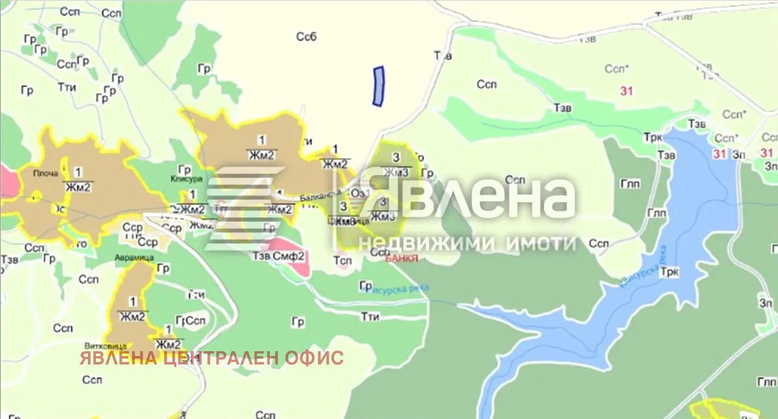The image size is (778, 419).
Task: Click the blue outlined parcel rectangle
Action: pyautogui.click(x=378, y=87)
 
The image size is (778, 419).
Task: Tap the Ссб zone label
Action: pyautogui.click(x=306, y=37)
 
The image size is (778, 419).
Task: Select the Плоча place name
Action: pyautogui.click(x=46, y=174)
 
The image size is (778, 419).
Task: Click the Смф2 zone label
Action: pyautogui.click(x=291, y=256)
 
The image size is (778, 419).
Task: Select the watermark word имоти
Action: pyautogui.click(x=540, y=243)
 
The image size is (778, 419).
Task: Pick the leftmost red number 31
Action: pyautogui.click(x=626, y=91)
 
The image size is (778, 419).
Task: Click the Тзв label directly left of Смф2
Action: pyautogui.click(x=261, y=256)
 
